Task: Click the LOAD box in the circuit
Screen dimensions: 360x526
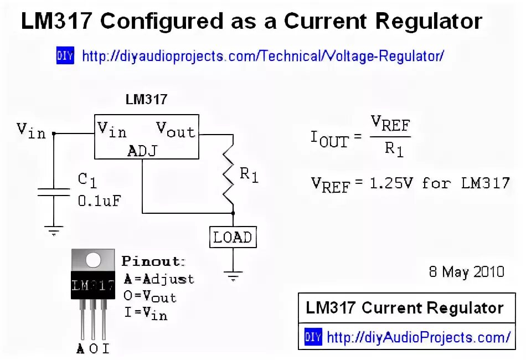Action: pos(233,237)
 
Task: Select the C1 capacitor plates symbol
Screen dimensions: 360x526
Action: pos(54,192)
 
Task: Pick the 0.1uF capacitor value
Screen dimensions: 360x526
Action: pos(99,201)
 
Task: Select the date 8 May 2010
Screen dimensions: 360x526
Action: pos(467,272)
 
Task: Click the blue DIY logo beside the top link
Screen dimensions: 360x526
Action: pos(65,55)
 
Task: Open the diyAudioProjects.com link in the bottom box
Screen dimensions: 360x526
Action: pos(419,337)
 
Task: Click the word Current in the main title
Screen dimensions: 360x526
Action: pos(327,22)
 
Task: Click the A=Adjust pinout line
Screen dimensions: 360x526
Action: pos(158,279)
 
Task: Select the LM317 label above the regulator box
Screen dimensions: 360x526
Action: pos(146,100)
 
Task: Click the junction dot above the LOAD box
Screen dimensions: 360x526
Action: pos(233,213)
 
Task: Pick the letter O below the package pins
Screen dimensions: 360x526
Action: pos(93,348)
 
